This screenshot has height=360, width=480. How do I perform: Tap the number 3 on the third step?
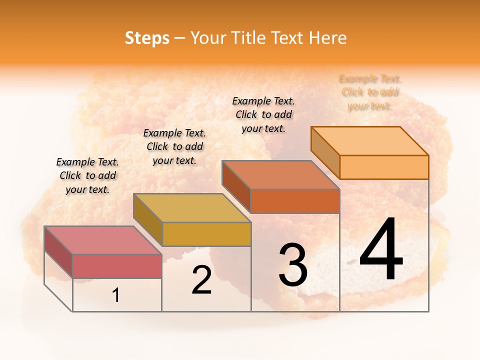(293, 265)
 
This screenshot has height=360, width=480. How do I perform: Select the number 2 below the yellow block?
(202, 280)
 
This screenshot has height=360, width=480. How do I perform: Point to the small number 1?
(115, 295)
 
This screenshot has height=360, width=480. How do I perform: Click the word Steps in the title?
(147, 38)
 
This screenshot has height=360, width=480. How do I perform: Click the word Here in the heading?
(327, 38)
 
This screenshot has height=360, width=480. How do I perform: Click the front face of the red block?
(117, 266)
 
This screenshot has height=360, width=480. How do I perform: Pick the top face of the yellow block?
(192, 208)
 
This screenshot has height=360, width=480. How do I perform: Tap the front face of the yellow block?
(206, 234)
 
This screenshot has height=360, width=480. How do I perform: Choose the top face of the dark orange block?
(280, 175)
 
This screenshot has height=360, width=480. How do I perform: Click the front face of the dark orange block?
(295, 201)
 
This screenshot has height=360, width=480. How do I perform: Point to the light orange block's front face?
(384, 167)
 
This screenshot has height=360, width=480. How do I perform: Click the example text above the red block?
(87, 175)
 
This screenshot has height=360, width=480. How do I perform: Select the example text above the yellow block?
(174, 146)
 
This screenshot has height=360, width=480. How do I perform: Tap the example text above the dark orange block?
(263, 114)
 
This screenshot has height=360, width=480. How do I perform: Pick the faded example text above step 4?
(370, 92)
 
